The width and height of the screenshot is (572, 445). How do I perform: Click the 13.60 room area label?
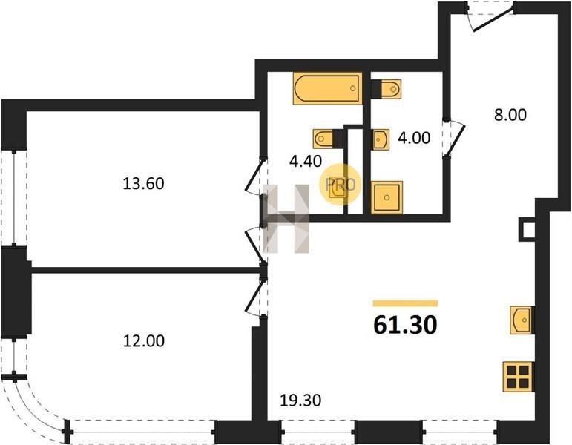tap(143, 183)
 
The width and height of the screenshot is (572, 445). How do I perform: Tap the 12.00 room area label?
tap(144, 341)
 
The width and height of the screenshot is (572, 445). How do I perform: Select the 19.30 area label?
tap(300, 400)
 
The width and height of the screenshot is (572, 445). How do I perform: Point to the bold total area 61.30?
tap(405, 325)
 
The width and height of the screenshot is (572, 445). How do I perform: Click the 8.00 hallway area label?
tap(510, 115)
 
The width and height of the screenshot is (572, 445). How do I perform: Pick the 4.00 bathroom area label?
tap(414, 138)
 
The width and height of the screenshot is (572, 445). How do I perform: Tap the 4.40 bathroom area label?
tap(306, 161)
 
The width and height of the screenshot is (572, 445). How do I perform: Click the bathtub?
tap(328, 88)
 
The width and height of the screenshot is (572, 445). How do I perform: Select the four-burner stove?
tap(518, 377)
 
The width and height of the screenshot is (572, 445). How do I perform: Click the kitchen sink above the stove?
tap(522, 320)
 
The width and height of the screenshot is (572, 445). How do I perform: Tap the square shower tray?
tap(387, 197)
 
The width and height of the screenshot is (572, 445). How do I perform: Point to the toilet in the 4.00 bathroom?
tap(387, 89)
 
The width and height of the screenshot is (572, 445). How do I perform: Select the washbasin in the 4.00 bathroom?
tap(381, 139)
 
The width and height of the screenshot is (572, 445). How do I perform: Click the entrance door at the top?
tap(491, 17)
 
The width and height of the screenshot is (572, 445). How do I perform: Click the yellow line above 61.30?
tap(405, 303)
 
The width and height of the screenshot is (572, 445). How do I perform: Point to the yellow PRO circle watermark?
tap(340, 184)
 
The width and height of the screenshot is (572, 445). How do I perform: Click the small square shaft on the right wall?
tap(527, 230)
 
